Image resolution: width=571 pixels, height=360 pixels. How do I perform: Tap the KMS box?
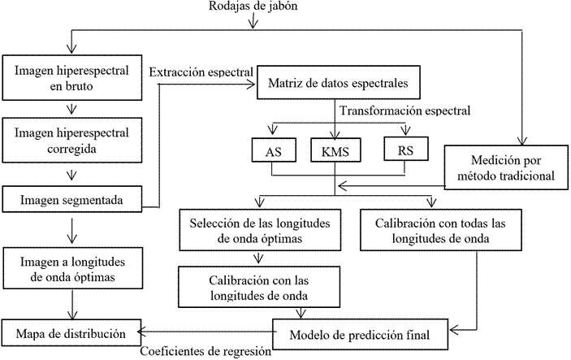tap(335, 152)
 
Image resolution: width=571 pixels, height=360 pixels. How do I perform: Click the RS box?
tap(405, 150)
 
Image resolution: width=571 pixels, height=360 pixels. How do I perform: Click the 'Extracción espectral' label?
tap(202, 72)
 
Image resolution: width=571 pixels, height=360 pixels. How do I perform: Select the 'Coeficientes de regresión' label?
tap(205, 352)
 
